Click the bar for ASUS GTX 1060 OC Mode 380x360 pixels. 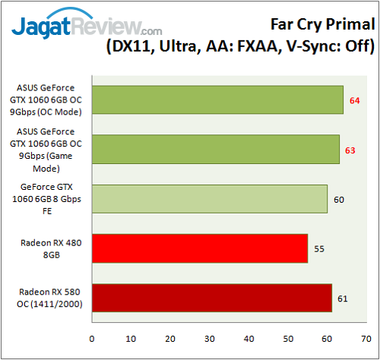pos(217,100)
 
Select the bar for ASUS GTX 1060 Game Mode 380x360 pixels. pos(215,150)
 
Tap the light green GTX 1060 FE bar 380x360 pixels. pos(209,199)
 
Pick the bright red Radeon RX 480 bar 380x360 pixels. pos(199,248)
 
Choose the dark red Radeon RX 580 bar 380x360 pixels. pos(211,298)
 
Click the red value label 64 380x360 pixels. pos(355,100)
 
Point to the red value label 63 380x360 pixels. pos(350,150)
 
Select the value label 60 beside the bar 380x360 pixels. pos(339,199)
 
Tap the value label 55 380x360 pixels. pos(319,248)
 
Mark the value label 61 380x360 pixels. pos(343,298)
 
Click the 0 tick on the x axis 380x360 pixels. pos(92,338)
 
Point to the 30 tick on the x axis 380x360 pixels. pos(209,338)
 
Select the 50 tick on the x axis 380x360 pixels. pos(288,338)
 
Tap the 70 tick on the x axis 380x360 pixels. pos(366,338)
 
